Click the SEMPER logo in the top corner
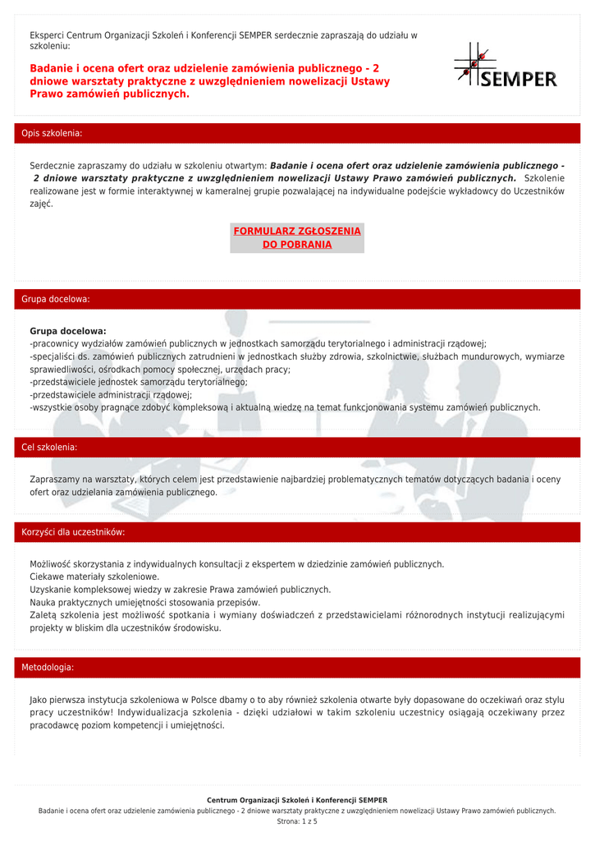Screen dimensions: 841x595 pyautogui.click(x=506, y=67)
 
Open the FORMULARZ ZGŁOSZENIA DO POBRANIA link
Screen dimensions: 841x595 pyautogui.click(x=297, y=237)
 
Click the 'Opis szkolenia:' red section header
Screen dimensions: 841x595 pyautogui.click(x=52, y=133)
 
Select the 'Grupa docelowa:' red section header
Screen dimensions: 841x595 pyautogui.click(x=56, y=299)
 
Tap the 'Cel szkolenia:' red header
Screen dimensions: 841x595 pyautogui.click(x=49, y=448)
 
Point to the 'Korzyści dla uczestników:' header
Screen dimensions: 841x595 pyautogui.click(x=73, y=532)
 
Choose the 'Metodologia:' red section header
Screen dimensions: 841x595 pyautogui.click(x=48, y=668)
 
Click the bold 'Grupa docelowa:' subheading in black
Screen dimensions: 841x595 pyautogui.click(x=68, y=331)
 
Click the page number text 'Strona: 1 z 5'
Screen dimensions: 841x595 pyautogui.click(x=297, y=821)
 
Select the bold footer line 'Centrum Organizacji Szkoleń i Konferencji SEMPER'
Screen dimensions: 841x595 pyautogui.click(x=297, y=800)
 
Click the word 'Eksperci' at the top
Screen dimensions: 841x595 pyautogui.click(x=47, y=35)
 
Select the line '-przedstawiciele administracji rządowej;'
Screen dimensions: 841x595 pyautogui.click(x=111, y=394)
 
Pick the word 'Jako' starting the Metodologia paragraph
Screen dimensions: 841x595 pyautogui.click(x=39, y=700)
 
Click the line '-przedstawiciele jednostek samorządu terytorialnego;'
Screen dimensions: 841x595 pyautogui.click(x=138, y=382)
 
